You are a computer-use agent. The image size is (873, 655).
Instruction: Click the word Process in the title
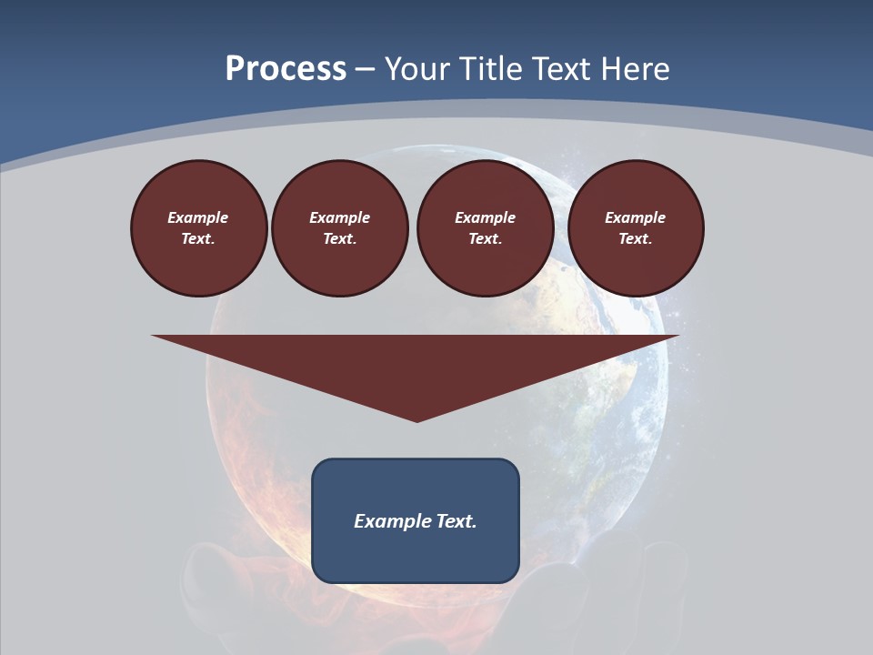click(x=286, y=68)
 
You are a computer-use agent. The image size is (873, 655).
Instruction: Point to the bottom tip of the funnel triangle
click(x=416, y=420)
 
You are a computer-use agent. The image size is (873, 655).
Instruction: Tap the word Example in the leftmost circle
click(x=198, y=217)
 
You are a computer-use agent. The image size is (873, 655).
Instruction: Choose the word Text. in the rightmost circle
click(x=635, y=238)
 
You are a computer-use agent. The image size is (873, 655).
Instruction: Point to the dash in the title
click(x=365, y=69)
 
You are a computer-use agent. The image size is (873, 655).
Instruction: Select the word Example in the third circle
click(x=485, y=217)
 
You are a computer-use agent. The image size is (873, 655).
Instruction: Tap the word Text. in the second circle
click(x=339, y=238)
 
